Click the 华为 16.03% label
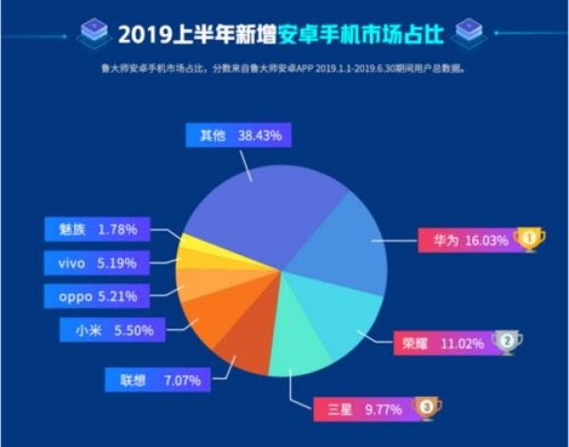[466, 240]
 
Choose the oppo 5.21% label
[97, 295]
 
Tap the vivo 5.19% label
[97, 261]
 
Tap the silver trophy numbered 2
[507, 340]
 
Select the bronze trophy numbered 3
[428, 409]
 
